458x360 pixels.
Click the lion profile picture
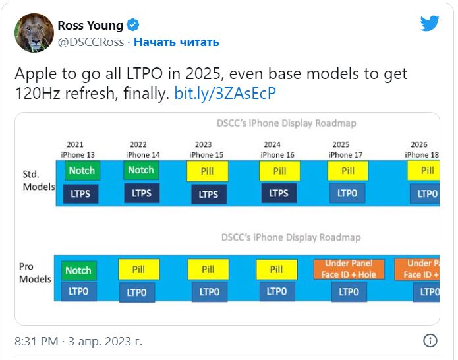coord(34,33)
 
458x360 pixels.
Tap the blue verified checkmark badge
coord(133,26)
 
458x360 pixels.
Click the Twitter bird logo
coord(430,24)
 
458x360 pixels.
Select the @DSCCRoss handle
coord(92,42)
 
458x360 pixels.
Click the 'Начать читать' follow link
coord(177,42)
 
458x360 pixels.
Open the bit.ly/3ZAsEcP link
coord(225,94)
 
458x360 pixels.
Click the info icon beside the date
coord(430,341)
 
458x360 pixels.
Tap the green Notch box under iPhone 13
coord(82,171)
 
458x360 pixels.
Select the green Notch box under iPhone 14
coord(140,171)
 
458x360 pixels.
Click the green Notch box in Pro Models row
coord(78,270)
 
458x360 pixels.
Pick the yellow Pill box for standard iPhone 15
coord(208,171)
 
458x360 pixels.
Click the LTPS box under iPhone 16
coord(279,193)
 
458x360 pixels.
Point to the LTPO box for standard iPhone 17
coord(347,193)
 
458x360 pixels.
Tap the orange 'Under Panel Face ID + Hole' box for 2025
coord(349,269)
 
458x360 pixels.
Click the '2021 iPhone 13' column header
coord(76,150)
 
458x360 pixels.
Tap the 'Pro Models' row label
coord(35,273)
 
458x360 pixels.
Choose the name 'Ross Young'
coord(90,26)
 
